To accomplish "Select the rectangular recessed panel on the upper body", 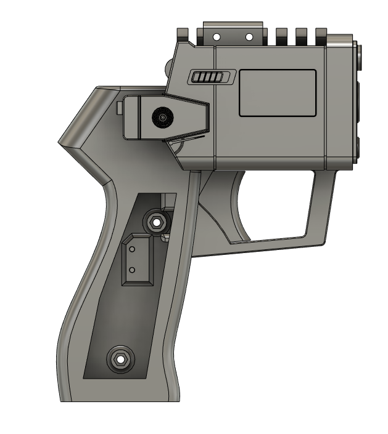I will [x=278, y=93].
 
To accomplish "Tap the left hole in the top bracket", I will [x=217, y=38].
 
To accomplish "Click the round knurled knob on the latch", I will [x=162, y=117].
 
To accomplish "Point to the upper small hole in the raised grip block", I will [x=131, y=249].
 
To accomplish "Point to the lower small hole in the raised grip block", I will [x=131, y=270].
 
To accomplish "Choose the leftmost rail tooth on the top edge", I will [x=183, y=34].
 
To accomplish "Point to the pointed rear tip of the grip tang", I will [x=60, y=143].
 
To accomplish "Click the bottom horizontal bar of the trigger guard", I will [x=278, y=242].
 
